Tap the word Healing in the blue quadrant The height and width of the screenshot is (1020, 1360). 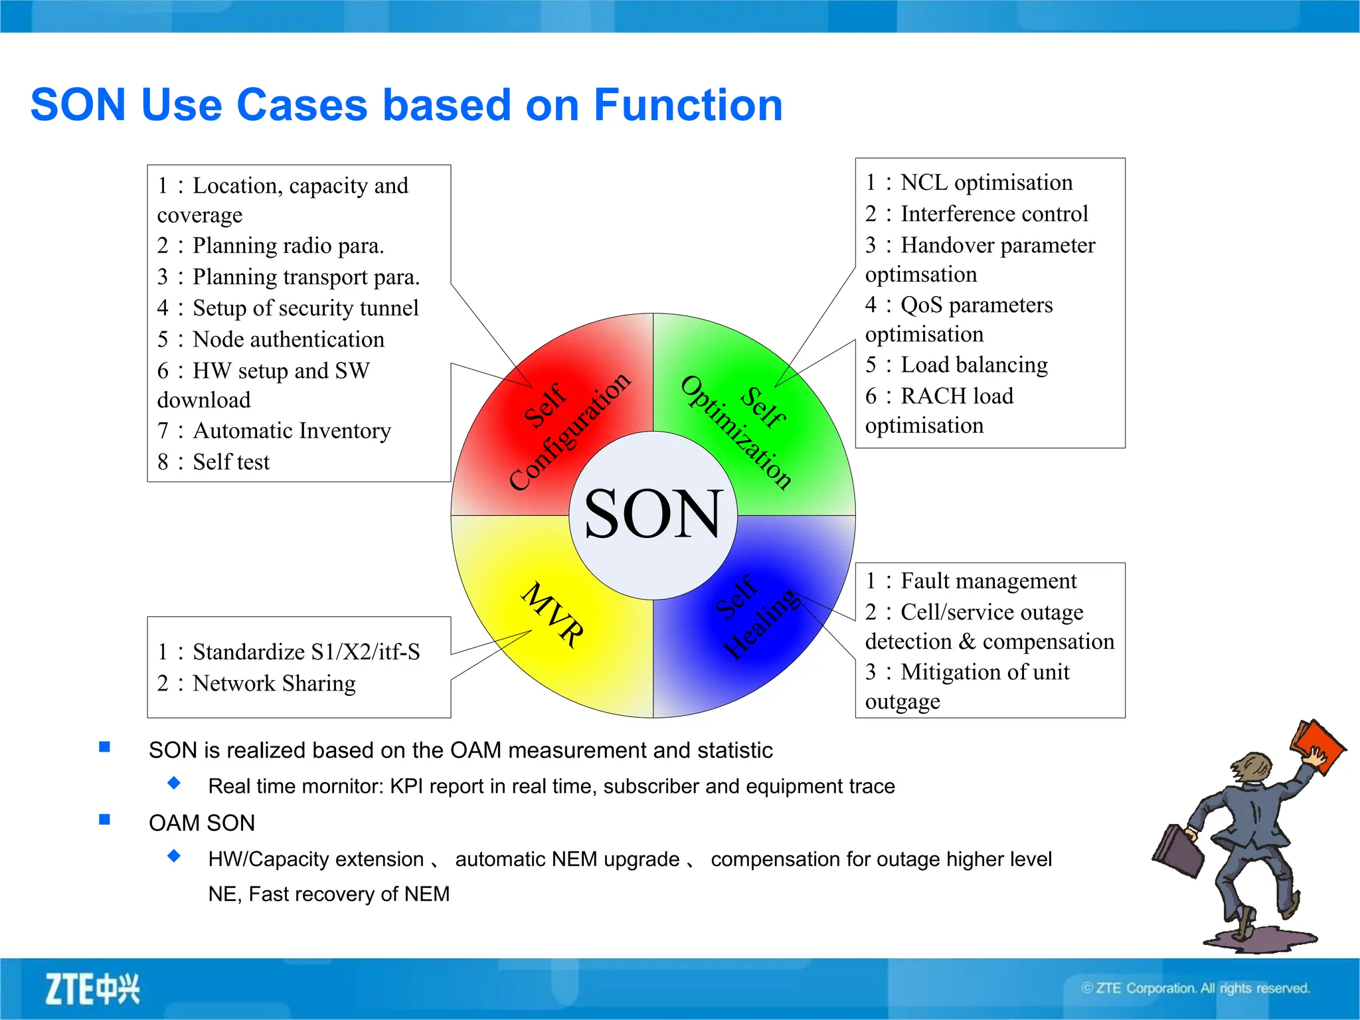click(x=762, y=624)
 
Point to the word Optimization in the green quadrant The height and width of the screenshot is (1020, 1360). click(x=736, y=432)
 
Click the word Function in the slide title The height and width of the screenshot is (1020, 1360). click(x=688, y=105)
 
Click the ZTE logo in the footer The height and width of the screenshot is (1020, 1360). click(x=92, y=989)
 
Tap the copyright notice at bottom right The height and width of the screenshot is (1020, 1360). click(x=1195, y=988)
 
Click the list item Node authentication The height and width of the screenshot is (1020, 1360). click(x=288, y=339)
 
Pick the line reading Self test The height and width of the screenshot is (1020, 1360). click(x=230, y=462)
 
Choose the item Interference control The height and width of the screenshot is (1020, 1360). click(x=993, y=214)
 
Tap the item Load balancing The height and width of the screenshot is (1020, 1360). click(x=974, y=365)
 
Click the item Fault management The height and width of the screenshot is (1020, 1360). click(x=988, y=581)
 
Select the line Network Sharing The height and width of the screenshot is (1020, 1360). click(x=274, y=683)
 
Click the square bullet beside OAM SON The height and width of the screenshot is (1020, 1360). click(x=104, y=819)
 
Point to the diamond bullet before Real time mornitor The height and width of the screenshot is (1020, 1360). click(x=174, y=783)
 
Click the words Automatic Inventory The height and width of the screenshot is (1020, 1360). click(x=292, y=431)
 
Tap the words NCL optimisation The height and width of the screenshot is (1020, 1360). click(x=986, y=183)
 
